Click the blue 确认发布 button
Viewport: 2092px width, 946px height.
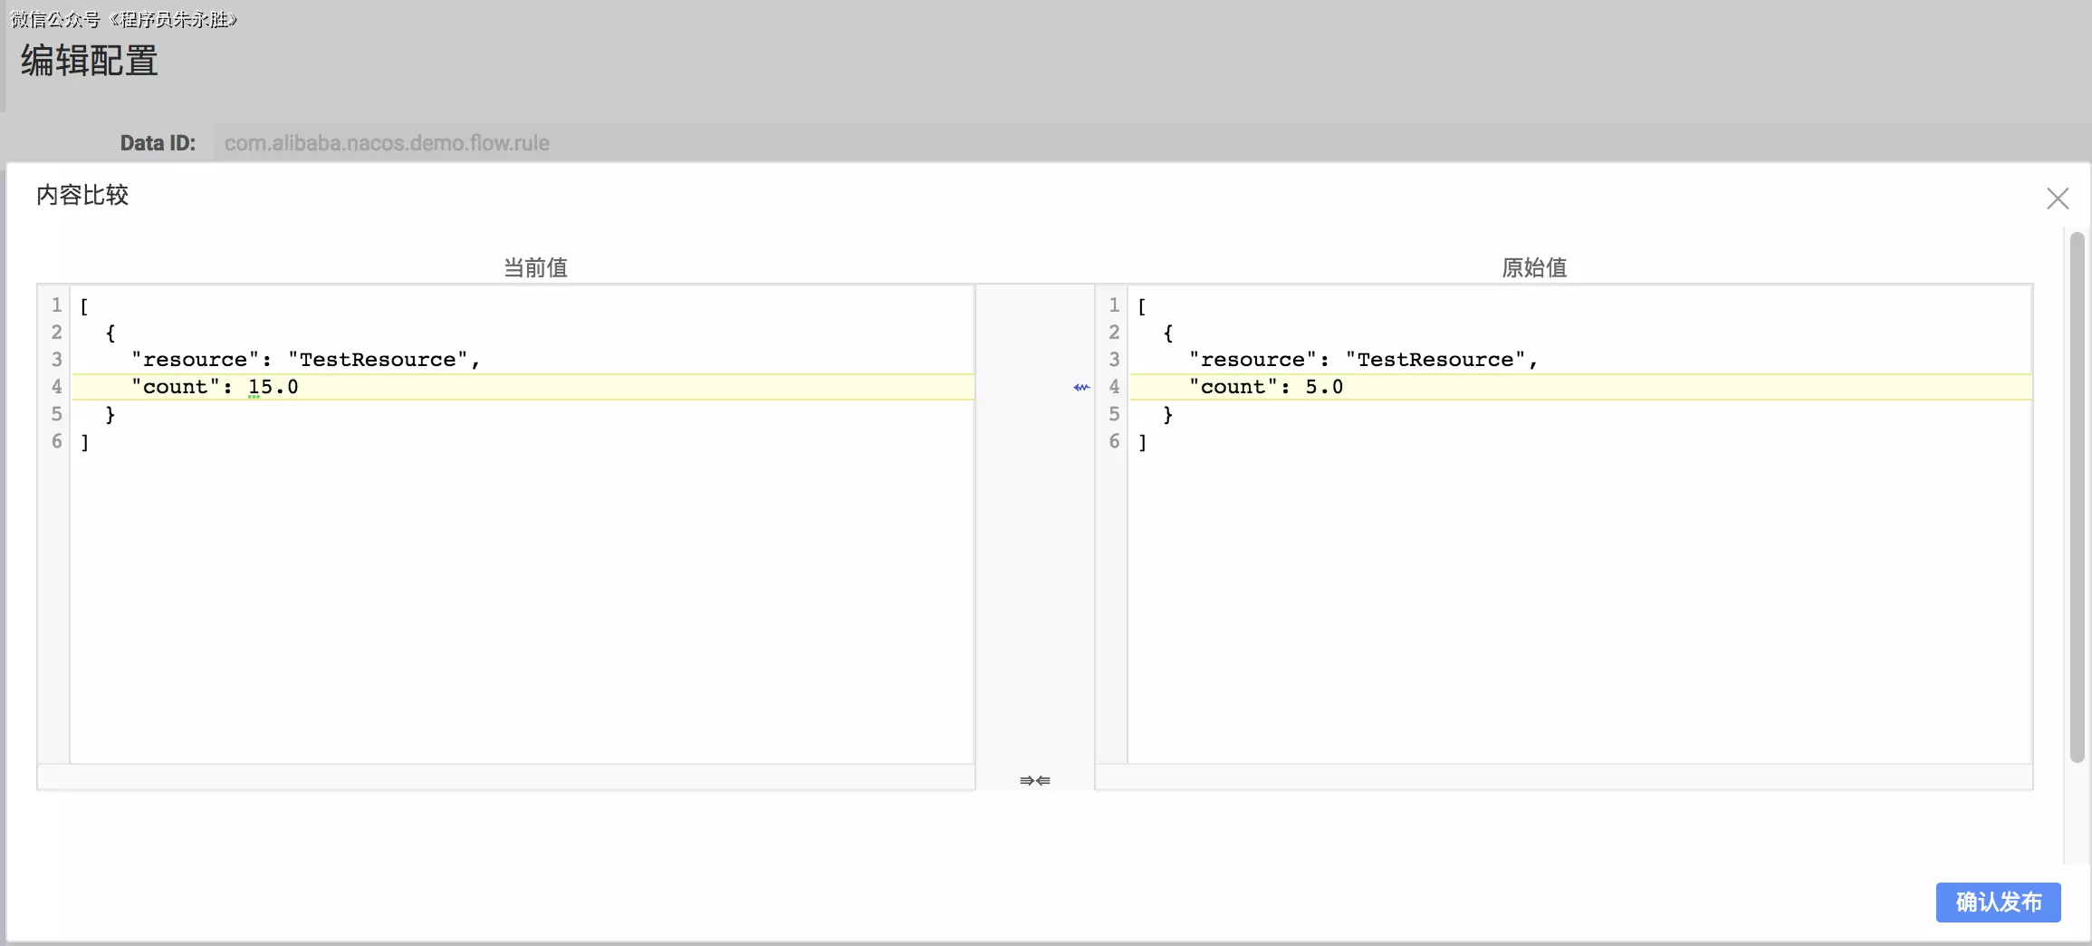[x=1998, y=903]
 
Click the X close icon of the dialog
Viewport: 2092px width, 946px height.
[x=2057, y=198]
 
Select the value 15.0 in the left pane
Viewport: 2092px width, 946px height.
[x=273, y=387]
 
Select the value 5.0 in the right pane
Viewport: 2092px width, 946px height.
[x=1323, y=387]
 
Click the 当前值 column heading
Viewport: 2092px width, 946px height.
[x=535, y=267]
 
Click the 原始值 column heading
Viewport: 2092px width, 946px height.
[x=1534, y=267]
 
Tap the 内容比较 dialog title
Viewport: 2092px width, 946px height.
[x=82, y=195]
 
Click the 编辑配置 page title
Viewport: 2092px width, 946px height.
[x=89, y=61]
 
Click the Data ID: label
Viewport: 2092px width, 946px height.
[x=158, y=143]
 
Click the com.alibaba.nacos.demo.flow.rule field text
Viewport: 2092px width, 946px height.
[x=387, y=143]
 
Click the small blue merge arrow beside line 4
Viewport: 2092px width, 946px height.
[x=1081, y=387]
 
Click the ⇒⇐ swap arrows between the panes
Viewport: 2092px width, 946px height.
[x=1035, y=780]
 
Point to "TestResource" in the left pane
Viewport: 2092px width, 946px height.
[x=378, y=360]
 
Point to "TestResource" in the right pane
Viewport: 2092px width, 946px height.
[x=1435, y=360]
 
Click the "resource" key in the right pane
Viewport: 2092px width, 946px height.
[x=1252, y=360]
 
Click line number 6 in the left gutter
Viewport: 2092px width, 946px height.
[x=56, y=441]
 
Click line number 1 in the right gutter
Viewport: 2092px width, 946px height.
[x=1114, y=305]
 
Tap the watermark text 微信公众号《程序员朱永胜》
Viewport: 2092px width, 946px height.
[x=123, y=19]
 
